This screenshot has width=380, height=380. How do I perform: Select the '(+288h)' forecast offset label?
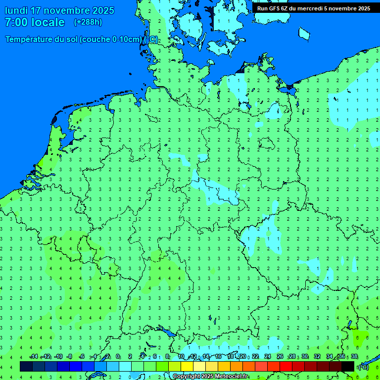pyautogui.click(x=89, y=22)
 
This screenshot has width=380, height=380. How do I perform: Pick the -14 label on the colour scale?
pyautogui.click(x=34, y=357)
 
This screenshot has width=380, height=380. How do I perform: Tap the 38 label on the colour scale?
pyautogui.click(x=354, y=357)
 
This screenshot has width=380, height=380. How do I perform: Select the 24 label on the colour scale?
pyautogui.click(x=268, y=357)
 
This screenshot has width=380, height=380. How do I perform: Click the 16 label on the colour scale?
pyautogui.click(x=218, y=357)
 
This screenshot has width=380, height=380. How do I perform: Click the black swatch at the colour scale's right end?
pyautogui.click(x=348, y=366)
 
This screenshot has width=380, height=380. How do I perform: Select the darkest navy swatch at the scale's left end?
pyautogui.click(x=26, y=366)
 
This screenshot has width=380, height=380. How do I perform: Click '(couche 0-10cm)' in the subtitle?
pyautogui.click(x=111, y=40)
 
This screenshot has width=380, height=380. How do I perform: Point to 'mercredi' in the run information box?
pyautogui.click(x=310, y=8)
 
